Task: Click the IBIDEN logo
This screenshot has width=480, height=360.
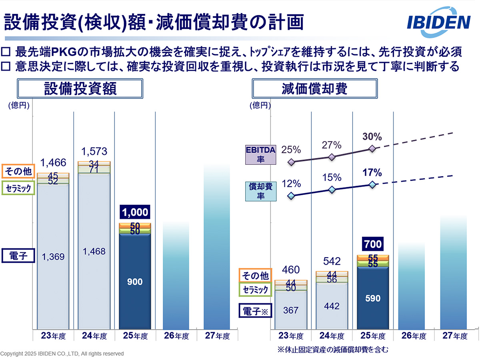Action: click(439, 23)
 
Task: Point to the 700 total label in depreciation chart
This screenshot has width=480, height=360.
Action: click(372, 243)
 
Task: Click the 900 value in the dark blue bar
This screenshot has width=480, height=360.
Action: click(135, 282)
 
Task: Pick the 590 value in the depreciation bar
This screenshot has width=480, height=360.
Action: click(372, 298)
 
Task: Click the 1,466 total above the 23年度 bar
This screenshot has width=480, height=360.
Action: click(53, 163)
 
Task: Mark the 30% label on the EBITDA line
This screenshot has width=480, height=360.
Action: click(372, 137)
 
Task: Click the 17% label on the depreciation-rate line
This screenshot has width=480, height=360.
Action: click(372, 173)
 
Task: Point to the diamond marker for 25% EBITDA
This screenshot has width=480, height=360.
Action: click(291, 162)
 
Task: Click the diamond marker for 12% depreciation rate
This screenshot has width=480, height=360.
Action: click(291, 196)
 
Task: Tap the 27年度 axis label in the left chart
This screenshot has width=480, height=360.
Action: click(217, 336)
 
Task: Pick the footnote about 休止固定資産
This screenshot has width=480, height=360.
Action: click(333, 349)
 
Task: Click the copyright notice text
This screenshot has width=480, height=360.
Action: click(62, 354)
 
